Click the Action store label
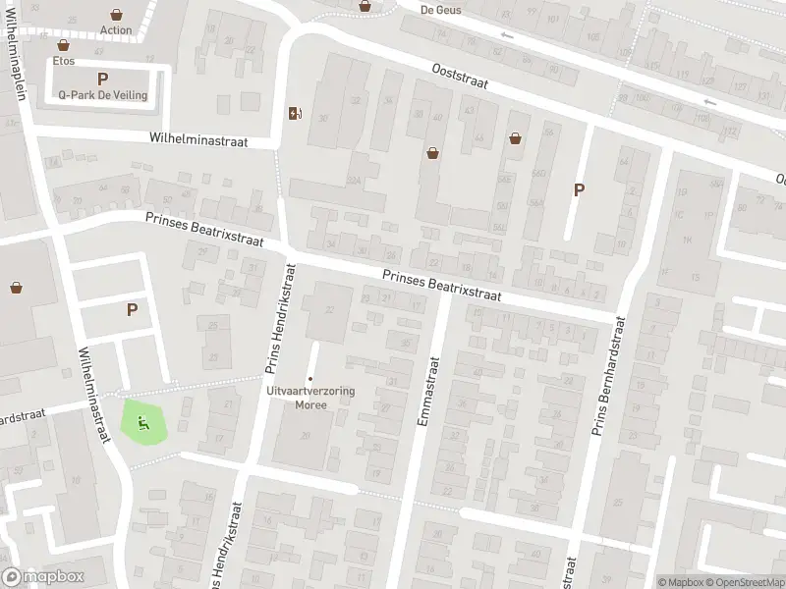pos(116,29)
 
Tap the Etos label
pos(64,60)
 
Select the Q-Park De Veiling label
pos(102,95)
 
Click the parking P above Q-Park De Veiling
pos(102,79)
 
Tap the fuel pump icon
pos(294,113)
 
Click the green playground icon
pos(143,423)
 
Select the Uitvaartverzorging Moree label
pos(310,397)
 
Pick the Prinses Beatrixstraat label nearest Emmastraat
pos(442,287)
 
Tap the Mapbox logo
pos(43,577)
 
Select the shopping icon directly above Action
pos(117,15)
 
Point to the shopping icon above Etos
pos(64,45)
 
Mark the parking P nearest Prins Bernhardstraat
pos(579,189)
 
